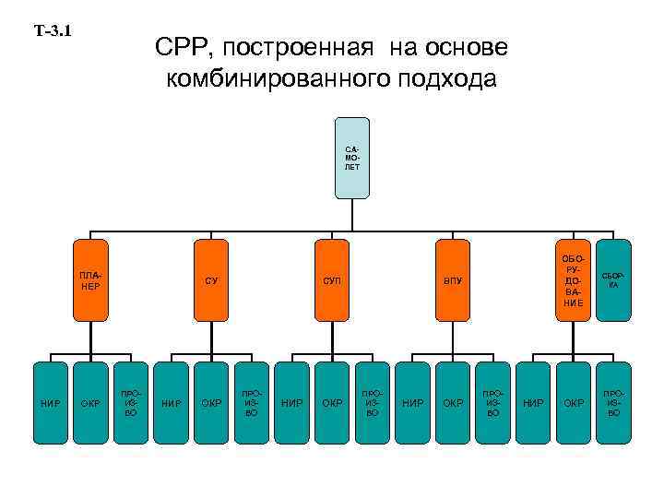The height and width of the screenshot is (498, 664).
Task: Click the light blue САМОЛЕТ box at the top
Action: pos(352,158)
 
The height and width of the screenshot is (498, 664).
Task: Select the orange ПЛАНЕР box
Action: pos(90,279)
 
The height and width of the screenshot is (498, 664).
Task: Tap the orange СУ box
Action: pos(211,279)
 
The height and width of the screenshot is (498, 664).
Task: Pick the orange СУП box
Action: pos(332,279)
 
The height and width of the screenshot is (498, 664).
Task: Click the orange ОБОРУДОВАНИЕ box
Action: pos(573,279)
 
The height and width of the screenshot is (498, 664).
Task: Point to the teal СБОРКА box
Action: pos(613,279)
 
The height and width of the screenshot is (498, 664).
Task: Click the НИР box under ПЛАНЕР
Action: pos(50,402)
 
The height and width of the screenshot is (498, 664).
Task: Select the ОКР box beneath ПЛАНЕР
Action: pos(90,402)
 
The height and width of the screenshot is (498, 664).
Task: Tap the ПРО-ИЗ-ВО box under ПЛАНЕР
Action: pos(130,402)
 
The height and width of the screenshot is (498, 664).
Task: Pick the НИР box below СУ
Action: pos(171,402)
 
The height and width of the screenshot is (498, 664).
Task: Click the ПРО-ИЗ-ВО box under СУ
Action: pos(252,402)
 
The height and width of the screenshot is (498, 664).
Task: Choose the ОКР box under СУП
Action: pos(332,402)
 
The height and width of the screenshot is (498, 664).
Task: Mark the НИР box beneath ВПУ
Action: pos(413,402)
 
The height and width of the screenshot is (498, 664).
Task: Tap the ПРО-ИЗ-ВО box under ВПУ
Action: pos(493,402)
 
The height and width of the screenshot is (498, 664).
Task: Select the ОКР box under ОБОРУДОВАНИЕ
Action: pos(574,402)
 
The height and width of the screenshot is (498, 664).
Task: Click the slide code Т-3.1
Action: pos(53,30)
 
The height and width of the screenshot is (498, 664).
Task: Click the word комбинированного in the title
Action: pos(269,79)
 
